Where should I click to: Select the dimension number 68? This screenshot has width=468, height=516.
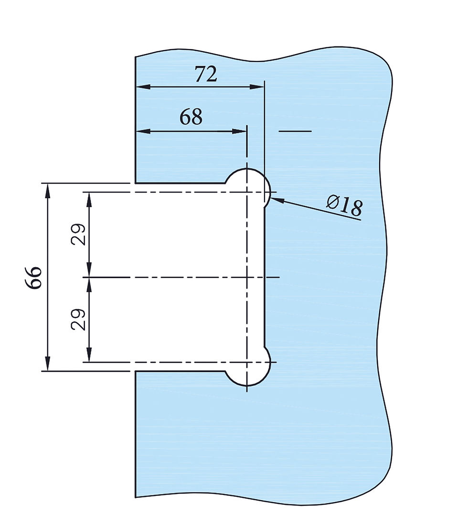(x=191, y=117)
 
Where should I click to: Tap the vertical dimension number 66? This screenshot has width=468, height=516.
(x=34, y=278)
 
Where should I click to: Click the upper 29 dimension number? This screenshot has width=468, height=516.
(x=78, y=234)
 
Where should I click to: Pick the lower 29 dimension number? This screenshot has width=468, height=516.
(x=78, y=319)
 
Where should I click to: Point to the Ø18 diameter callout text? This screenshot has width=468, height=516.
(x=345, y=205)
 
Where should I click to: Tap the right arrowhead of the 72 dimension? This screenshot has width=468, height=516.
(x=257, y=87)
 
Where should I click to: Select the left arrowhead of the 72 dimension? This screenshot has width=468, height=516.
(x=143, y=87)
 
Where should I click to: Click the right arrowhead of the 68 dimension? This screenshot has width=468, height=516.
(x=239, y=131)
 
